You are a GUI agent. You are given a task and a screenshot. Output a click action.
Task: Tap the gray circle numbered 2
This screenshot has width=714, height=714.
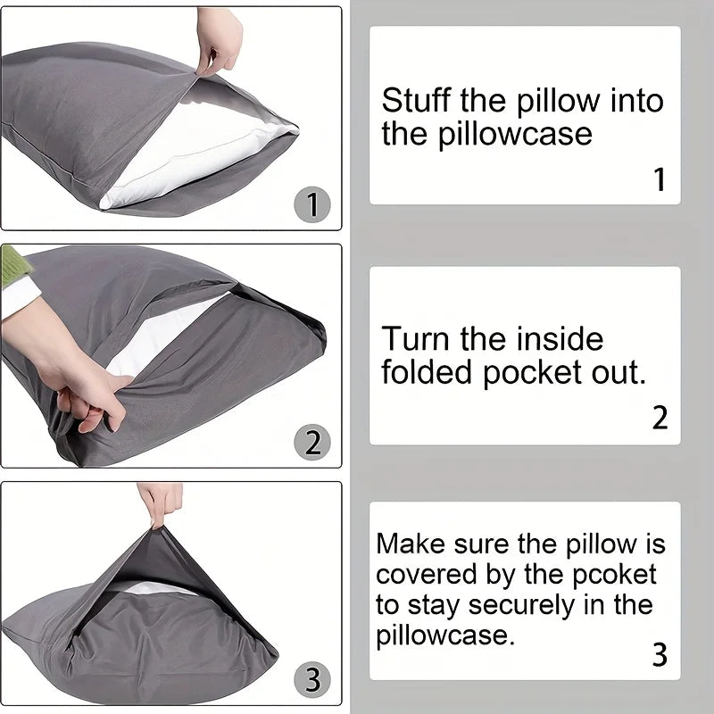tap(311, 442)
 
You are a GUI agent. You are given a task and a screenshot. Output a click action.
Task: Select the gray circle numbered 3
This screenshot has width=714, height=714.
tap(311, 680)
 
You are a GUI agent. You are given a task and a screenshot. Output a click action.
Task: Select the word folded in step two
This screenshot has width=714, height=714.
tap(428, 374)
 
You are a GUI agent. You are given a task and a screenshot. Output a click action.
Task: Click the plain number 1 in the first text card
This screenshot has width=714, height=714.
tap(660, 179)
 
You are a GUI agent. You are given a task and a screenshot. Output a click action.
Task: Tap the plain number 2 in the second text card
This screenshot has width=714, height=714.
tap(660, 418)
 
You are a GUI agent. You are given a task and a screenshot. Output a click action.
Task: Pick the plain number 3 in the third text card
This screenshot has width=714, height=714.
tap(660, 655)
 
